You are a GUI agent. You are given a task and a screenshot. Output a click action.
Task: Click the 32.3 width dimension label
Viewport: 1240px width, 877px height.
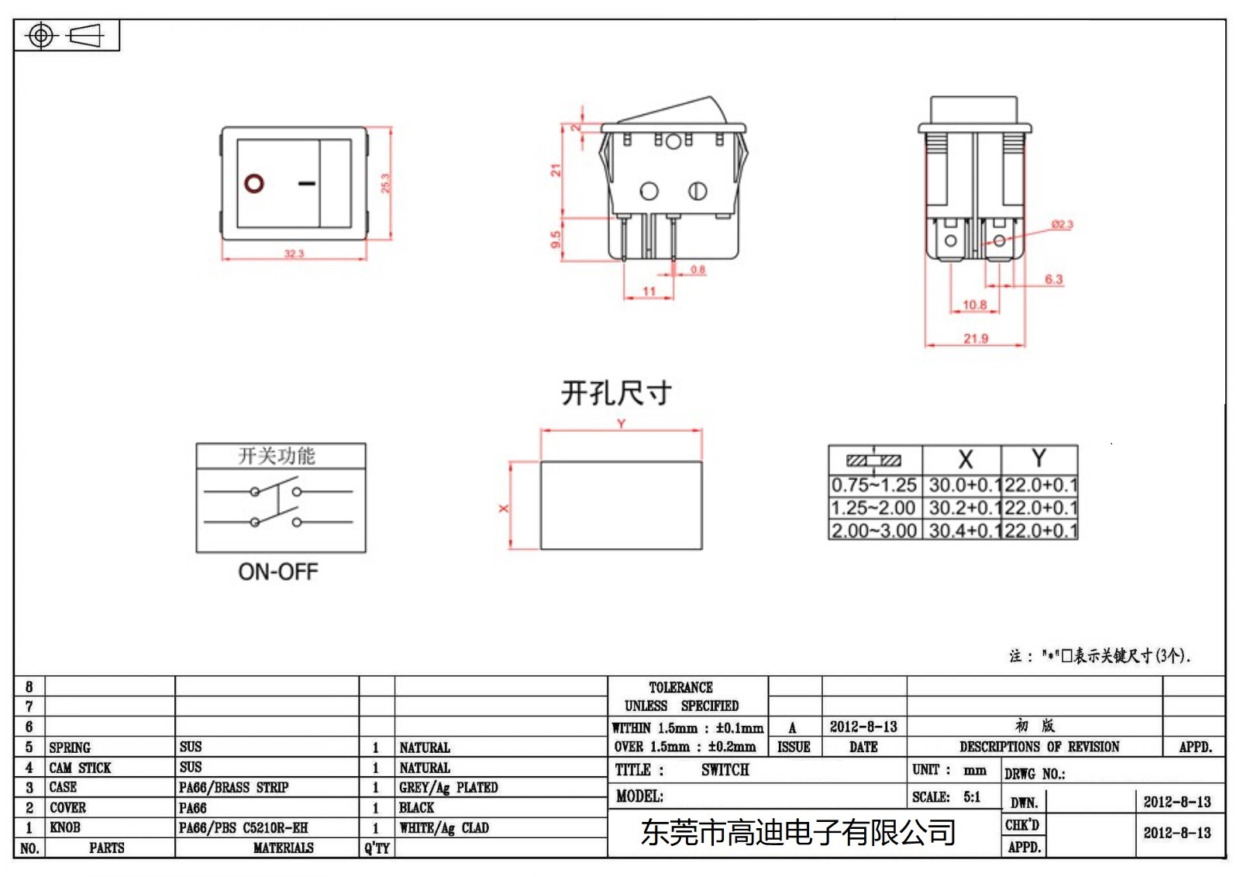(x=294, y=254)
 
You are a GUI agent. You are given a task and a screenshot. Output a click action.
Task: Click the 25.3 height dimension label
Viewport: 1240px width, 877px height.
(x=385, y=183)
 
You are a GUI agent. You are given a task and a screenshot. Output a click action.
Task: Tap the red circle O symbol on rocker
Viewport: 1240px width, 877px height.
(x=254, y=183)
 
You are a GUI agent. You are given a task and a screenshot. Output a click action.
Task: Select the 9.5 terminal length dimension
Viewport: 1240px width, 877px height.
(x=556, y=240)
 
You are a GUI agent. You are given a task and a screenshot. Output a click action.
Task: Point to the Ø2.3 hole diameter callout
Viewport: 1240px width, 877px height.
(x=1062, y=224)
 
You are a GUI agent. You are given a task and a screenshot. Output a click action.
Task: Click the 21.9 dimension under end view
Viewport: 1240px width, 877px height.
(x=976, y=338)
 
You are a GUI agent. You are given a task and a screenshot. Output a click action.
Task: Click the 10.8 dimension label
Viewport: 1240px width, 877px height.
(x=974, y=305)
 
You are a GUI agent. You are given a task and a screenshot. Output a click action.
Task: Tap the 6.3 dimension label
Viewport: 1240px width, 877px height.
(x=1053, y=279)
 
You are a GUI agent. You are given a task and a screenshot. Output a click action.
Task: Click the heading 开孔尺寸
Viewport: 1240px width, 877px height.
(x=616, y=393)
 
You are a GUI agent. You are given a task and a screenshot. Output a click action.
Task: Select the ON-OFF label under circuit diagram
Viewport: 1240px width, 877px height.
(x=277, y=572)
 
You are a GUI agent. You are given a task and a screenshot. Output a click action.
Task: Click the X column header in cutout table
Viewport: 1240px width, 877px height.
(x=965, y=459)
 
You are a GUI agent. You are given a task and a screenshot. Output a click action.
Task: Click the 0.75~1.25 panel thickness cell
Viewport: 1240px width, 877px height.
(x=874, y=485)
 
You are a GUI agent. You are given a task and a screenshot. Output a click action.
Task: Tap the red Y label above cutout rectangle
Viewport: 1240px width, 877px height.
(x=621, y=423)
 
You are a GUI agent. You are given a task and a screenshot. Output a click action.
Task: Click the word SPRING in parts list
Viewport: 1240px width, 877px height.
(x=70, y=748)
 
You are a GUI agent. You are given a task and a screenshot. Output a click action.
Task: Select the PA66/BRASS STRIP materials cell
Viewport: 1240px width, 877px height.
(x=233, y=788)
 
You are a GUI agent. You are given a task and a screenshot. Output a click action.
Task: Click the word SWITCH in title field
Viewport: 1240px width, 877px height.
(x=725, y=770)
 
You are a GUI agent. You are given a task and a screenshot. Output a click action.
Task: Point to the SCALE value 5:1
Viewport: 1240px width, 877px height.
(x=972, y=797)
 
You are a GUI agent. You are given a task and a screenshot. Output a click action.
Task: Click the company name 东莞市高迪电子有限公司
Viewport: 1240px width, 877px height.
(x=797, y=833)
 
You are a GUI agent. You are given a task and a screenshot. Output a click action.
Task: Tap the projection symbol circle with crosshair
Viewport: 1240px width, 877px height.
(x=41, y=36)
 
